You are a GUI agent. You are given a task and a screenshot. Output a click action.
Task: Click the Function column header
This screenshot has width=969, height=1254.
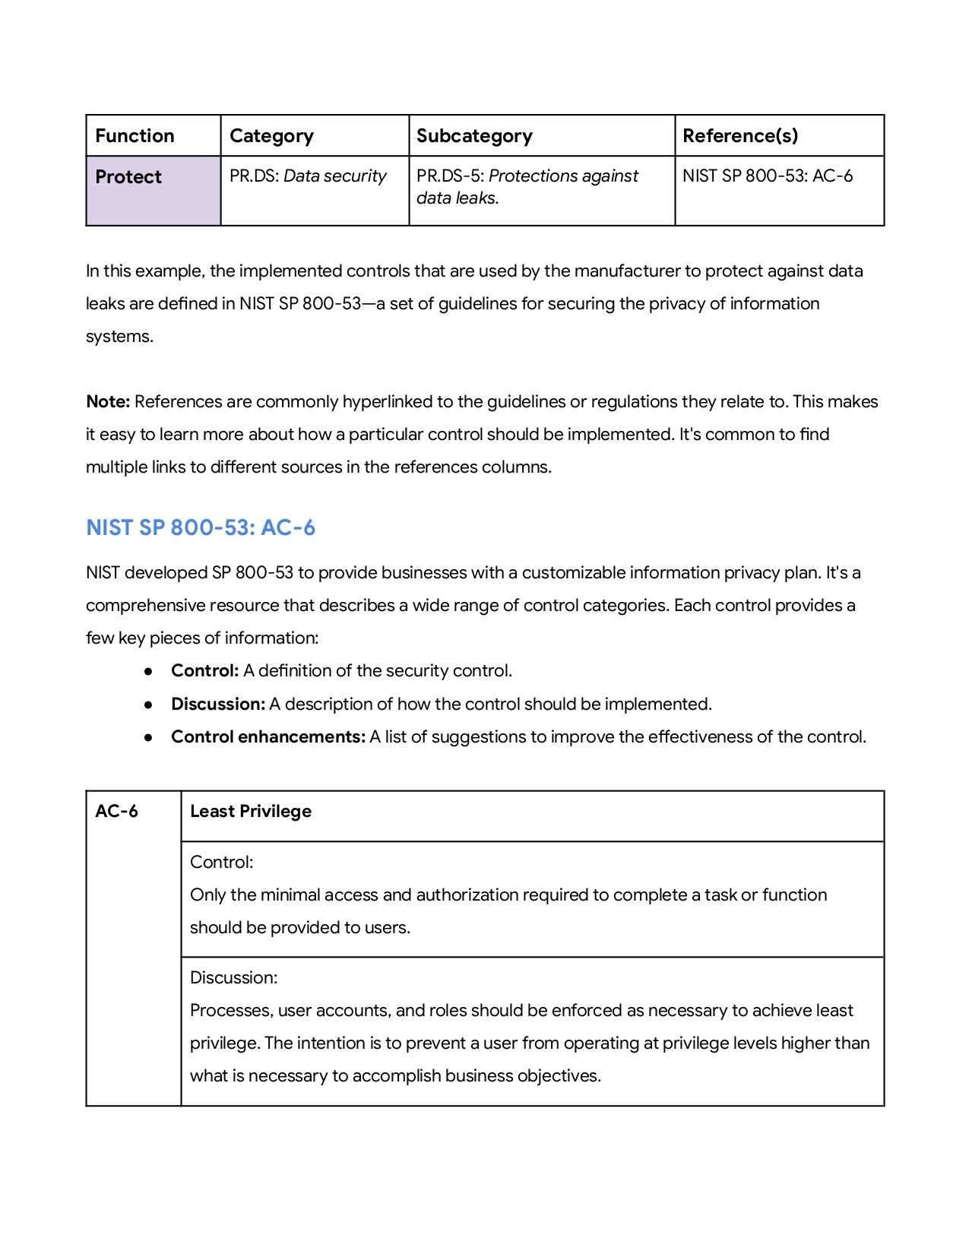click(x=135, y=136)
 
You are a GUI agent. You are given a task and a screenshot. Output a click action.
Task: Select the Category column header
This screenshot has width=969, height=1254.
click(x=271, y=136)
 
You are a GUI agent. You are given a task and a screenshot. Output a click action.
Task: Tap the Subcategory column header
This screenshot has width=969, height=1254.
click(x=474, y=136)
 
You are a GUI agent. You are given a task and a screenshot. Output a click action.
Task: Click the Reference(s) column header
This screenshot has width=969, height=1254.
click(x=740, y=136)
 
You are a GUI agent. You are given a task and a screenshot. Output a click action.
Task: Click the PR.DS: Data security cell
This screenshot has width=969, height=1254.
click(x=308, y=176)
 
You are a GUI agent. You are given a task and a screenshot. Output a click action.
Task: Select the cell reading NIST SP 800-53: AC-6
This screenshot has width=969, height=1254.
click(x=768, y=176)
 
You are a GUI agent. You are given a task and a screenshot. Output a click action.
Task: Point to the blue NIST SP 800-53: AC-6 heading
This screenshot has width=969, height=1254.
click(x=201, y=527)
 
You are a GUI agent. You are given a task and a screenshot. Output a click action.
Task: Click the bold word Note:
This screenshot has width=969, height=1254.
click(x=108, y=402)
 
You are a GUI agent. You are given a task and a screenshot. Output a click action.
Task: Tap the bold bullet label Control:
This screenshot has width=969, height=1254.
click(x=204, y=671)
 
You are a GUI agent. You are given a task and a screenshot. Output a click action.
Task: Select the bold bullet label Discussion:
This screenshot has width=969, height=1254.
click(x=217, y=705)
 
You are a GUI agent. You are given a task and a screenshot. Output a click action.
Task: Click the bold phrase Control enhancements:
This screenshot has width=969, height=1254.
click(x=268, y=737)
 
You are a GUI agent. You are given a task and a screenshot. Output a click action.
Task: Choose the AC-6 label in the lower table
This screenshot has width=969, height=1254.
click(x=116, y=812)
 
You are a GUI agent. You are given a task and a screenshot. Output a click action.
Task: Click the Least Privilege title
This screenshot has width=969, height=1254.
click(x=251, y=812)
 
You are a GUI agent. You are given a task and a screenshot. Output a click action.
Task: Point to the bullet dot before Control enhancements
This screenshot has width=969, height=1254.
click(x=149, y=737)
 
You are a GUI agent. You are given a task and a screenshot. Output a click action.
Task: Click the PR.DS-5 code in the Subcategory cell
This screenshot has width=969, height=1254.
click(x=450, y=176)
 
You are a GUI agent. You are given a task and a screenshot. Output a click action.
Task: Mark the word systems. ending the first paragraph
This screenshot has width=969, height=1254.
click(x=119, y=337)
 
